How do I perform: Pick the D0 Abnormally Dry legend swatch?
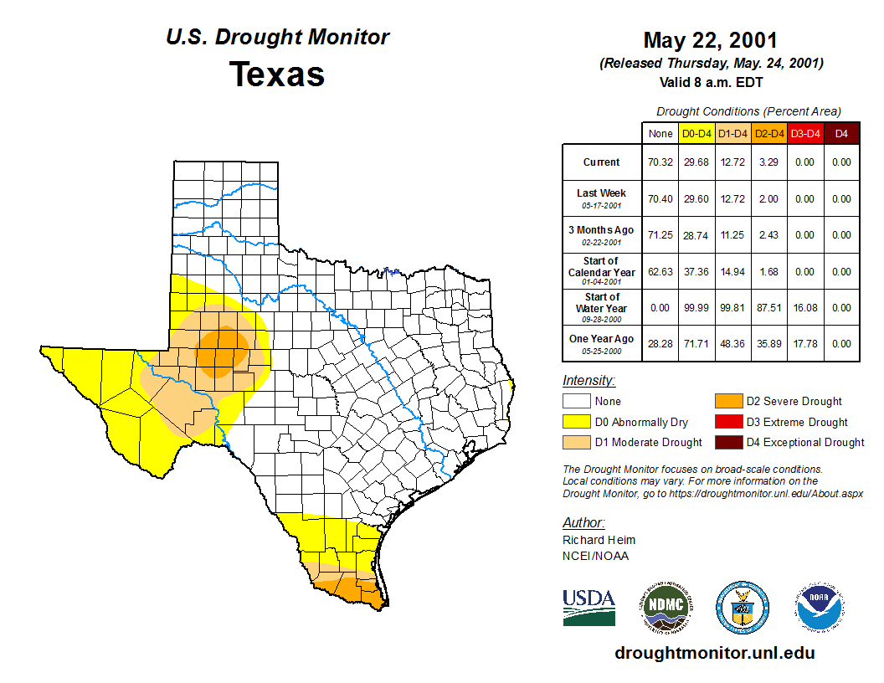[577, 422]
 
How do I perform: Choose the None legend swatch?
[577, 402]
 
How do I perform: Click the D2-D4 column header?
[768, 133]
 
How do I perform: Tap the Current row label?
[602, 162]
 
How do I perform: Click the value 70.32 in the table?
[660, 162]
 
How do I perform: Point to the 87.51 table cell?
[768, 307]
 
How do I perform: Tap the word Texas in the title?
[277, 74]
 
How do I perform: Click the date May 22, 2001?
[711, 40]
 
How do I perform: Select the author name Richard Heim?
[599, 540]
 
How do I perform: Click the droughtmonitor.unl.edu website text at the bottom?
[714, 653]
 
